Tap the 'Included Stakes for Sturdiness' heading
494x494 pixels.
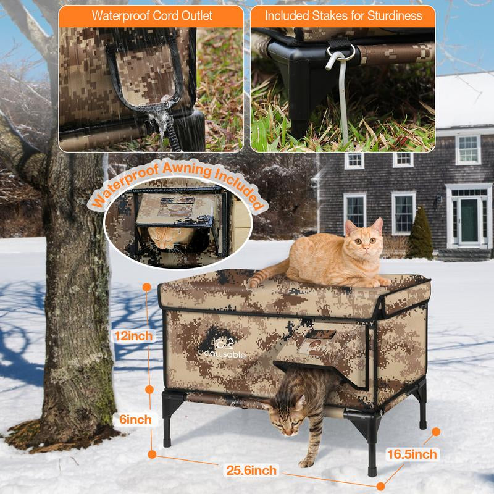tap(343, 15)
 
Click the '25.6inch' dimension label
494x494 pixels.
tap(251, 471)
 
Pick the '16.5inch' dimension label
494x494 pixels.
tap(412, 454)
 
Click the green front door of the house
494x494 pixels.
tap(469, 220)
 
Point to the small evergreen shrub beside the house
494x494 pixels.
tap(420, 234)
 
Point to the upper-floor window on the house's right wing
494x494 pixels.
tap(467, 149)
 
